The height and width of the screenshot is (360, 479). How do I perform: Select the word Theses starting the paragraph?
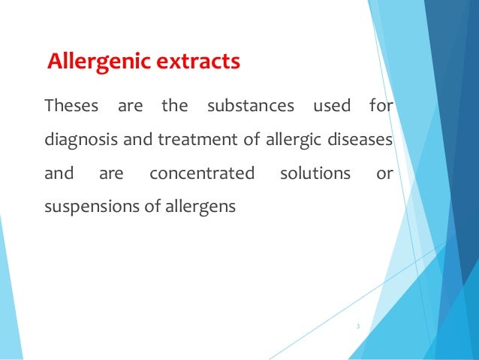tap(72, 107)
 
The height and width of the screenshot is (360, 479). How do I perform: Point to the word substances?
tap(250, 107)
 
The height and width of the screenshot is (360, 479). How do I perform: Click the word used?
tap(331, 107)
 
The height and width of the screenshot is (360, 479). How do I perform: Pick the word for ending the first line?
tap(381, 107)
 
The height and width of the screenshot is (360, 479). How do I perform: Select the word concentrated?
tap(202, 174)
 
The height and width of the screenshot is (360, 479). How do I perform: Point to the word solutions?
tap(315, 174)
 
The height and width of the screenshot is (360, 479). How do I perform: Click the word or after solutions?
tap(384, 174)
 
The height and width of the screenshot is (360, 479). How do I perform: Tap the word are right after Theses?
tap(131, 107)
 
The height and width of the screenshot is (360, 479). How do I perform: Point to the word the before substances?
tap(175, 107)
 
